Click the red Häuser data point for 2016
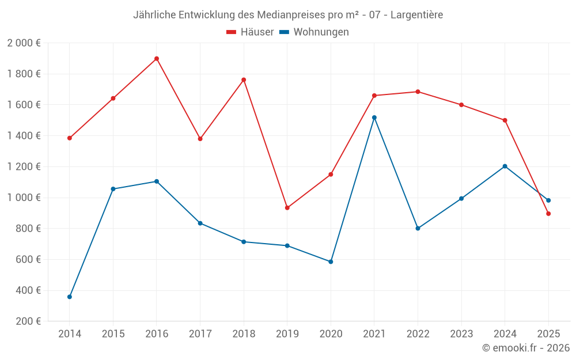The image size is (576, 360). click(157, 59)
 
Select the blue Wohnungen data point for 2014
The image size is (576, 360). click(70, 297)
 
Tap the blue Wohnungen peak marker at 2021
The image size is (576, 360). click(374, 118)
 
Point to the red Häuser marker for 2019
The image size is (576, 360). click(287, 208)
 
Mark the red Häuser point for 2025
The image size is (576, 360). click(548, 214)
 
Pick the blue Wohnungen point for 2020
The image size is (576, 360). click(331, 262)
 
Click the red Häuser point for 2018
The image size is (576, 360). click(244, 80)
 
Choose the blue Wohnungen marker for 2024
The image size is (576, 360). click(505, 166)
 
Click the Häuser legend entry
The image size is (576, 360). click(250, 32)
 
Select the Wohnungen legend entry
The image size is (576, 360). click(314, 32)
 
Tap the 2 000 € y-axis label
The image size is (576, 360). click(24, 43)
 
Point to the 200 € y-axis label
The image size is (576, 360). click(27, 321)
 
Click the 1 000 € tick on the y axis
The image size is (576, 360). click(24, 198)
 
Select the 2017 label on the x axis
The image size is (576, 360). click(200, 334)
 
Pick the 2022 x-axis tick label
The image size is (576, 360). click(418, 334)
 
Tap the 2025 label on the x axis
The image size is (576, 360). click(548, 334)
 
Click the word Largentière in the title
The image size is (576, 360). click(416, 15)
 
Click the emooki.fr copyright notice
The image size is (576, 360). click(526, 348)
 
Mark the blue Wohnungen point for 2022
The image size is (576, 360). click(418, 228)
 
